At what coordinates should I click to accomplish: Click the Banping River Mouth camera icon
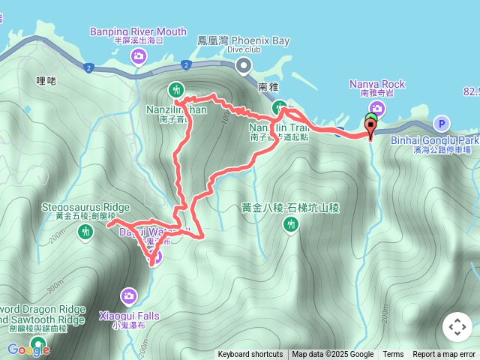pyautogui.click(x=139, y=55)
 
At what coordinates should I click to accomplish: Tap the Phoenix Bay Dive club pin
pyautogui.click(x=244, y=66)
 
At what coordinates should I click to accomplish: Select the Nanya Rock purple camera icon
pyautogui.click(x=376, y=109)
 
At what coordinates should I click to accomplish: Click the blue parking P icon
pyautogui.click(x=442, y=124)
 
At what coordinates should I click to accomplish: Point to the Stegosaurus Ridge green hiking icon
pyautogui.click(x=85, y=232)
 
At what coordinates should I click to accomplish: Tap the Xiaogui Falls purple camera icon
pyautogui.click(x=129, y=297)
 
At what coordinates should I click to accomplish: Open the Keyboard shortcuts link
pyautogui.click(x=250, y=355)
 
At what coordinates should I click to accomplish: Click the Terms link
pyautogui.click(x=393, y=355)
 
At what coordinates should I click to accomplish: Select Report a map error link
pyautogui.click(x=444, y=355)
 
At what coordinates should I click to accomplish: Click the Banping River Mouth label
pyautogui.click(x=138, y=31)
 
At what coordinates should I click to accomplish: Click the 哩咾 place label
pyautogui.click(x=46, y=80)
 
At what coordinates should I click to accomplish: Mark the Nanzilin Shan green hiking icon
pyautogui.click(x=176, y=89)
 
